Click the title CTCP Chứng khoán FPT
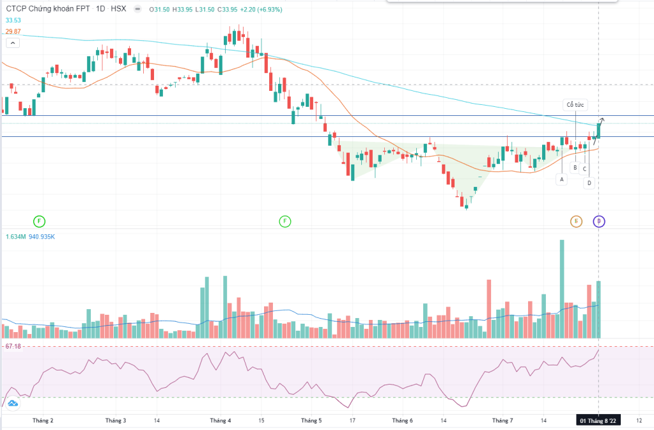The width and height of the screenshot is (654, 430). coord(47,10)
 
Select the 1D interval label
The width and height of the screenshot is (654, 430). coord(100,10)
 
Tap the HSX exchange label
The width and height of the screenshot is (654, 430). coord(118,10)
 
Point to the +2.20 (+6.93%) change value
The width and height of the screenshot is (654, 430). coord(260,10)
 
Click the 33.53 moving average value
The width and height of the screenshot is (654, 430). coord(13,20)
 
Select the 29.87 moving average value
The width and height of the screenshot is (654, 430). coord(13,31)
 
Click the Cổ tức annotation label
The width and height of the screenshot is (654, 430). coord(575,104)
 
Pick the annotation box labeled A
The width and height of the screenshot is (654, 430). coord(562,180)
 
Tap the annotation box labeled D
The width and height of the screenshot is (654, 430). coord(589,183)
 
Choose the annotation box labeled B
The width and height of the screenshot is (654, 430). coord(575,168)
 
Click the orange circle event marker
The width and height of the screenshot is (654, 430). coord(576,221)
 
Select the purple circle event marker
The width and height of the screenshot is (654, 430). coord(599,221)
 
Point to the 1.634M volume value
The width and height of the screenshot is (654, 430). coord(15,237)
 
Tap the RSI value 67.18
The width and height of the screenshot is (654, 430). coord(13,346)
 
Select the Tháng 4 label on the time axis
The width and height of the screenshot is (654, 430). coord(220,420)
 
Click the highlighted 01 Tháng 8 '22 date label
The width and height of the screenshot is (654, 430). coord(598,420)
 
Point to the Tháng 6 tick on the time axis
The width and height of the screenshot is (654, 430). coord(402,420)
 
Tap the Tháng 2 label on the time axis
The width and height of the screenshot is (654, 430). coord(42,420)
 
